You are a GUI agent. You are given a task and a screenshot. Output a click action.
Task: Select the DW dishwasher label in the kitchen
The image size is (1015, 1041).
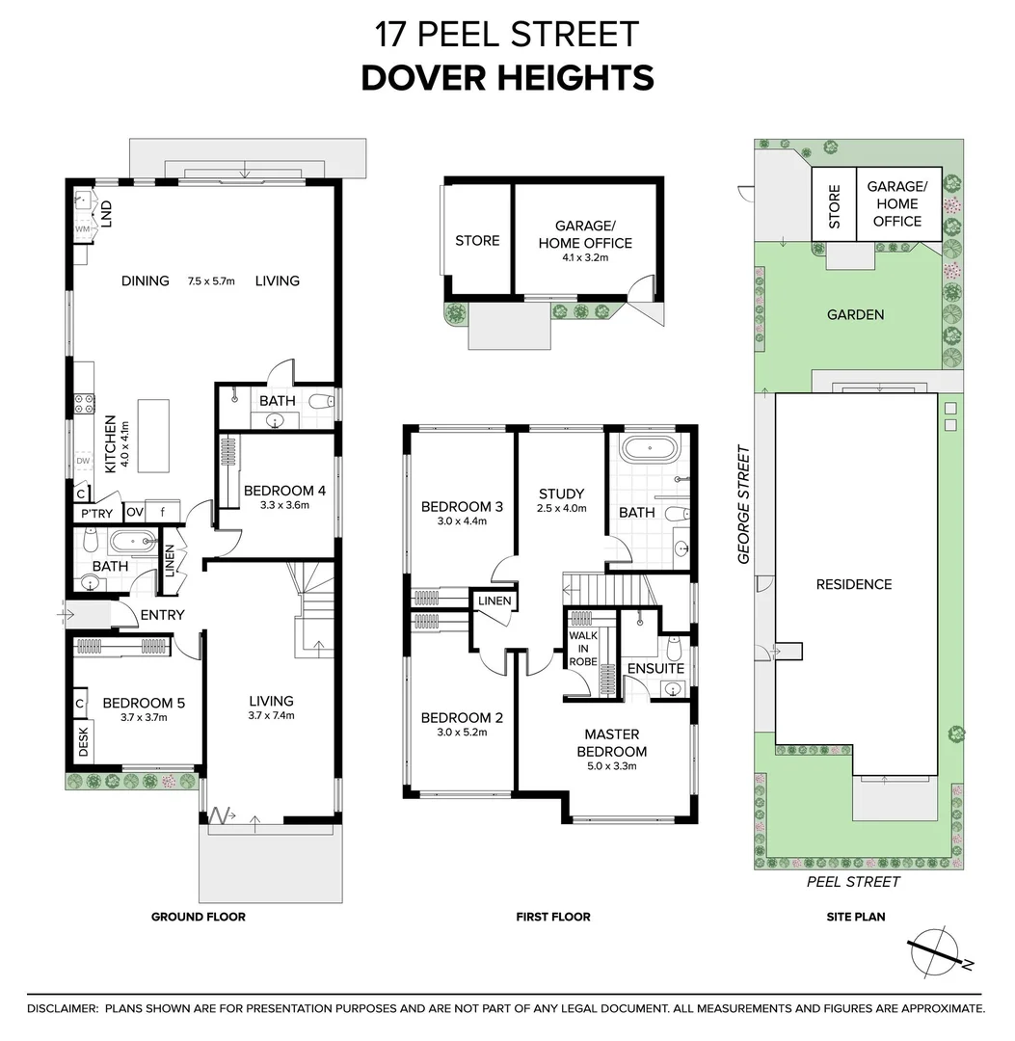83,462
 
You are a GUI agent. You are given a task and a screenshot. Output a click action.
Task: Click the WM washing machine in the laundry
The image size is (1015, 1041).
83,229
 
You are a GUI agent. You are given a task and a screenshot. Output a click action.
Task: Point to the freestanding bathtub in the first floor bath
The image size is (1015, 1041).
651,449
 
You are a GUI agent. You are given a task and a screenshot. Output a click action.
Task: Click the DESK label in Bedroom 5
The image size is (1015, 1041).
83,741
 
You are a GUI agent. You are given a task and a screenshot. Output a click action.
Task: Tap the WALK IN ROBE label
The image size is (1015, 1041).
582,649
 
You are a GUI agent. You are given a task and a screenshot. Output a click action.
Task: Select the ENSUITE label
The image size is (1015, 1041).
655,668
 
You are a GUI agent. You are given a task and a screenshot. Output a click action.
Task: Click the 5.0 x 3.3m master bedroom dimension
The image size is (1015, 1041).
611,767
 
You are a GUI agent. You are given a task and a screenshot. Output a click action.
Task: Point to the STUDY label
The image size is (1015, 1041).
561,494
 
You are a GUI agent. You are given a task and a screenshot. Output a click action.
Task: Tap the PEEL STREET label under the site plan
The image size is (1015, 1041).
852,881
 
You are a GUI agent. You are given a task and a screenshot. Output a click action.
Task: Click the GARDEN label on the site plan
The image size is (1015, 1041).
855,314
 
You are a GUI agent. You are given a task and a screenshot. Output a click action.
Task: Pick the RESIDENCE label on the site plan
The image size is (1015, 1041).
853,584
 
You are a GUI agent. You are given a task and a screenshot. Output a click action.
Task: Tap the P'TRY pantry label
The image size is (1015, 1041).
97,513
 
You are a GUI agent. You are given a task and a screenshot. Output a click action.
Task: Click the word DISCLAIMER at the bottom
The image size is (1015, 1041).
63,1008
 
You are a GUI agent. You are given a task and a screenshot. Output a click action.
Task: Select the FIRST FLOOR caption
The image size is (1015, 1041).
552,917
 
